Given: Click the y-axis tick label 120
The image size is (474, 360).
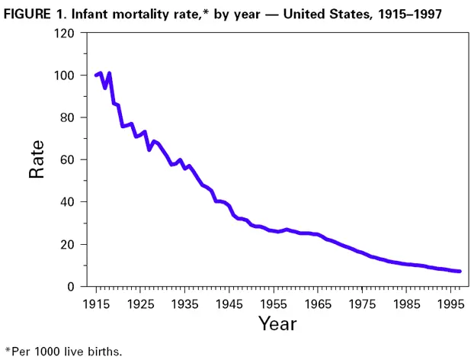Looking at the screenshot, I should click(x=64, y=34).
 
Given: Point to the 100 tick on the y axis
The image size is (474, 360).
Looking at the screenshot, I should click(x=64, y=76).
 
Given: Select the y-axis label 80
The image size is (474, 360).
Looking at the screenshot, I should click(x=67, y=118).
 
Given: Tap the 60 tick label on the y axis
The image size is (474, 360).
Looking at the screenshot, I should click(x=67, y=160).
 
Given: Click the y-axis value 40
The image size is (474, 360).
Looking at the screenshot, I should click(x=67, y=202).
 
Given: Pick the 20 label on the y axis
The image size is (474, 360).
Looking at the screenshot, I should click(x=67, y=245).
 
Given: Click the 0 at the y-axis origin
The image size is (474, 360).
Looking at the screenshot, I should click(x=71, y=287).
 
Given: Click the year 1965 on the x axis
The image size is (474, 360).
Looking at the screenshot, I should click(x=319, y=303).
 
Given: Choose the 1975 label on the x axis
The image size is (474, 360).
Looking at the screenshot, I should click(x=364, y=303).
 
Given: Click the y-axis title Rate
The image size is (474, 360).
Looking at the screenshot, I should click(x=37, y=159).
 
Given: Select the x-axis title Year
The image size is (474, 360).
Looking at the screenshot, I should click(x=277, y=323).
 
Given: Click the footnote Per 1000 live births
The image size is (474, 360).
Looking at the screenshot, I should click(x=65, y=352).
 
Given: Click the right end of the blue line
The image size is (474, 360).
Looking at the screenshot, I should click(x=460, y=272).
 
